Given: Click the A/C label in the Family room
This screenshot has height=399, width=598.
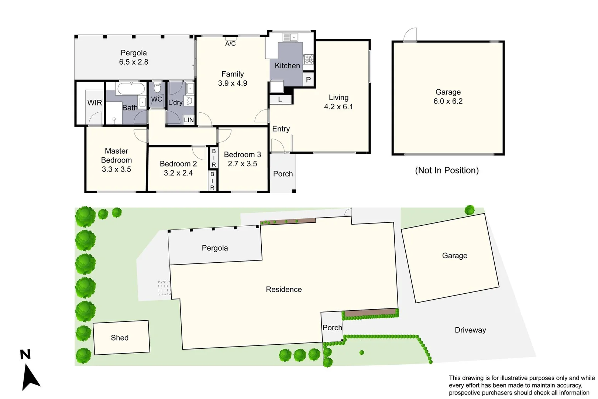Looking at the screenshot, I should click(x=230, y=44).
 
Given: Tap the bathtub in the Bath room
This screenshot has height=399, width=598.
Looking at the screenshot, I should click(x=131, y=89).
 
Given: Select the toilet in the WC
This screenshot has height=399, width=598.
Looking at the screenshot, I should click(x=157, y=88).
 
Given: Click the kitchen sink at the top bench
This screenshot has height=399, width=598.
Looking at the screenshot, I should click(x=290, y=37).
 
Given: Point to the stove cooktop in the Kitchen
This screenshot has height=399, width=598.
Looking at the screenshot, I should click(x=308, y=59).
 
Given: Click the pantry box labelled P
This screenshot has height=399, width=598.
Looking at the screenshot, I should click(x=308, y=79).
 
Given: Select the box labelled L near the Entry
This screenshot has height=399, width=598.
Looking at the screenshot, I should click(x=280, y=100).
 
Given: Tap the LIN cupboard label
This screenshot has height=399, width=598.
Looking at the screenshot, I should click(x=189, y=120).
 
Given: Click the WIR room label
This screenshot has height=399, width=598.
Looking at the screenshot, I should click(x=94, y=103).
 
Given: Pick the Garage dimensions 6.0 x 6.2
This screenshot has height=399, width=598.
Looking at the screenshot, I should click(x=448, y=101).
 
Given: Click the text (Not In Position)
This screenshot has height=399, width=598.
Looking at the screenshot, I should click(x=447, y=170).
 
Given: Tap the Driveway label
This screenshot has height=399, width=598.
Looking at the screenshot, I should click(x=470, y=330).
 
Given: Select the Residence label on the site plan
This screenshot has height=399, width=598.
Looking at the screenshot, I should click(x=283, y=289).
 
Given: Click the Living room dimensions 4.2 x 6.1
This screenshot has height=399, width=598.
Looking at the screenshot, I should click(x=338, y=107).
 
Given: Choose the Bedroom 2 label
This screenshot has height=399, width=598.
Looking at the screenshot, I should click(x=178, y=164).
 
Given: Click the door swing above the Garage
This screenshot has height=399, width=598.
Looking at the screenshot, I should click(x=410, y=34).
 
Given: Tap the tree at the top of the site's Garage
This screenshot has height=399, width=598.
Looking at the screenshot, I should click(x=470, y=210).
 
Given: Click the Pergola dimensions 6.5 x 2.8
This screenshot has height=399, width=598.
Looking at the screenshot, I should click(x=134, y=62).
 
